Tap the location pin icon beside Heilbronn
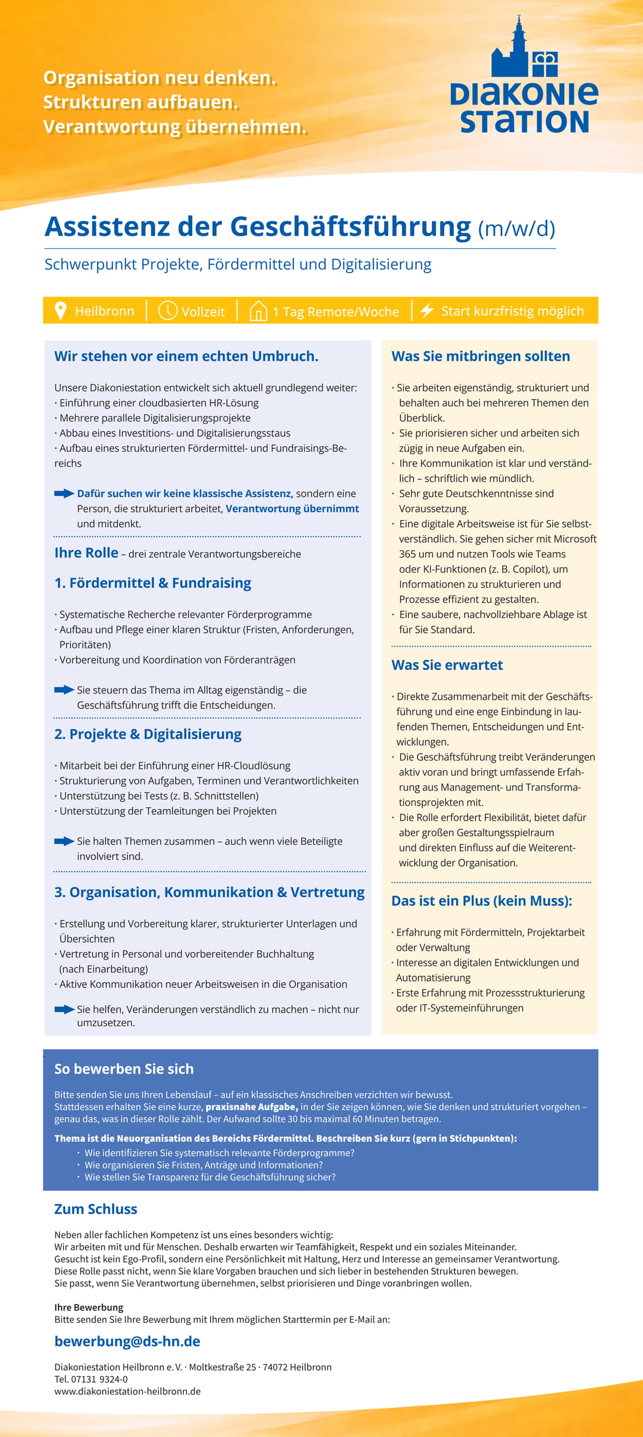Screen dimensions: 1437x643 61,311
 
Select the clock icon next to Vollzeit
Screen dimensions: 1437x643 167,310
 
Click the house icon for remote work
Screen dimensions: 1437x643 258,311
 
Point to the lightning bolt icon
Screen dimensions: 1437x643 427,310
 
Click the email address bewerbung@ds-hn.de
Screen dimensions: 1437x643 127,1341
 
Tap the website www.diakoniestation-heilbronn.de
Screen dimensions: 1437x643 127,1391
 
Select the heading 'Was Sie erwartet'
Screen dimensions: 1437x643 447,665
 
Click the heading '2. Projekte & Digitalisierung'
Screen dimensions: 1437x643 148,734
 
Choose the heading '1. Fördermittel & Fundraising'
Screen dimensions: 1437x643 152,583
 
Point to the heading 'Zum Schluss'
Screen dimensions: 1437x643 95,1209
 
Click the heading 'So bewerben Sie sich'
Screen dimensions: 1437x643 124,1069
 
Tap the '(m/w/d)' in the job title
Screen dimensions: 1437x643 516,229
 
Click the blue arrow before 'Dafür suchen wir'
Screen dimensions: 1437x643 64,493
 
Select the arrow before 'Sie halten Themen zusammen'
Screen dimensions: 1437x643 64,841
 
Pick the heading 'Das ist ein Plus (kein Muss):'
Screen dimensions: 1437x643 482,901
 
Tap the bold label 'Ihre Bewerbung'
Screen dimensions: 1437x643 89,1307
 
